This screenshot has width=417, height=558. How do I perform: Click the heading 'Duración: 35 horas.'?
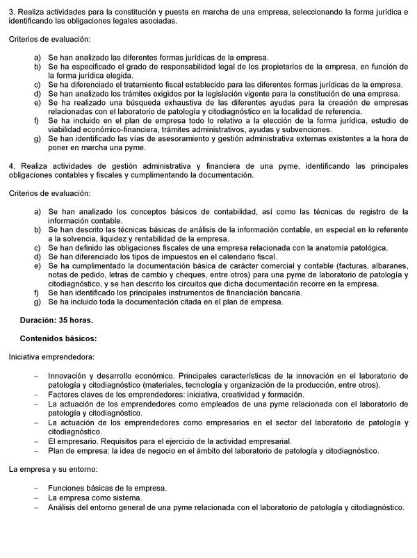[56, 320]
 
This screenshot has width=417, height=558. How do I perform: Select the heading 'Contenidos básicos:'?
[58, 338]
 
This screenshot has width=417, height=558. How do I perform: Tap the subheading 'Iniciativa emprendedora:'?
[51, 356]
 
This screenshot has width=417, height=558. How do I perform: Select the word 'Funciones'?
[68, 489]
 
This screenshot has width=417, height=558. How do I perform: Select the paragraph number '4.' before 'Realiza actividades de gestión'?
[13, 167]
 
